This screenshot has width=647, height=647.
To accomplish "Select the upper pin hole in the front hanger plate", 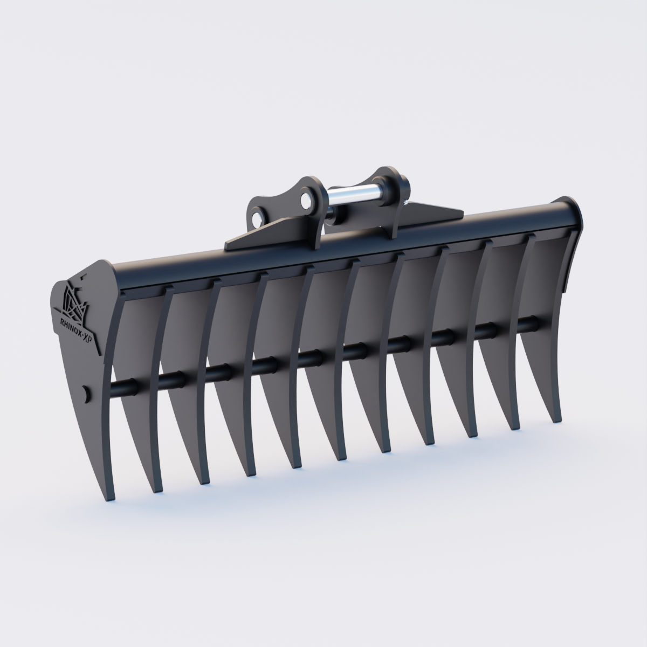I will [308, 198].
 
